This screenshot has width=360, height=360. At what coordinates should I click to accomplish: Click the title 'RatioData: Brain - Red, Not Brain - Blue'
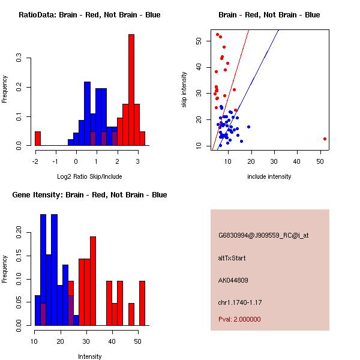pyautogui.click(x=89, y=15)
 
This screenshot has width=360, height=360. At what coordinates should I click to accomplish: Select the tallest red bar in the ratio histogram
pyautogui.click(x=131, y=90)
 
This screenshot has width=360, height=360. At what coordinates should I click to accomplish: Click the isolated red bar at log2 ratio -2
pyautogui.click(x=37, y=138)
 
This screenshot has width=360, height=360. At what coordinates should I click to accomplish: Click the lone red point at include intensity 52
pyautogui.click(x=325, y=139)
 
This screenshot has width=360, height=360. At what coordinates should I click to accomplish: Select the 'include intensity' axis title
pyautogui.click(x=269, y=176)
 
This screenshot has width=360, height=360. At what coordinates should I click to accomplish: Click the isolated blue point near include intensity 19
pyautogui.click(x=248, y=127)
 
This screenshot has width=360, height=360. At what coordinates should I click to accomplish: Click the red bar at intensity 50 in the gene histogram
pyautogui.click(x=142, y=303)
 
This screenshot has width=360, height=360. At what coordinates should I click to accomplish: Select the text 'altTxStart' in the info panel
pyautogui.click(x=232, y=258)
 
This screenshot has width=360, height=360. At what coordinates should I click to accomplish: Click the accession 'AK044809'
pyautogui.click(x=233, y=280)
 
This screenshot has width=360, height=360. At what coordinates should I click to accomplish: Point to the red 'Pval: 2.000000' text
pyautogui.click(x=239, y=319)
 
